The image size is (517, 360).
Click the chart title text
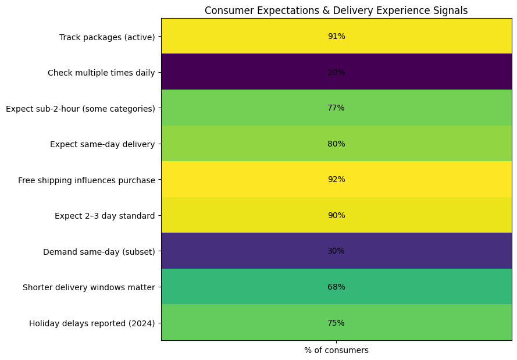point(336,10)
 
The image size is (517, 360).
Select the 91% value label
point(336,36)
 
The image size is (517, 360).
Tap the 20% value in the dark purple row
point(336,72)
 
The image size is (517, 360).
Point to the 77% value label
point(336,108)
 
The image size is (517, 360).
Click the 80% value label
point(336,144)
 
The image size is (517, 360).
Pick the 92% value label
point(336,179)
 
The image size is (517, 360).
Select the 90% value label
point(336,215)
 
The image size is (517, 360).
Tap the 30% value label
point(336,251)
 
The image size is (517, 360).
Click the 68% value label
point(336,287)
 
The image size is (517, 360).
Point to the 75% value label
point(336,323)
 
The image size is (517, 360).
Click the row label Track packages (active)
point(107,37)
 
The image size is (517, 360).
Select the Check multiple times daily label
point(101,73)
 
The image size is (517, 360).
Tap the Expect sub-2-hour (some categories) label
point(80,109)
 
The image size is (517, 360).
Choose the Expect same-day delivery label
point(102,144)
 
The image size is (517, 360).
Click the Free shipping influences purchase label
point(87,180)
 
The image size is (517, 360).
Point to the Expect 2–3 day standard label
point(105,216)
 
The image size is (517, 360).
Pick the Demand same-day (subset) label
point(99,252)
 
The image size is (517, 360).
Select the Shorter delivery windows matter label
point(89,287)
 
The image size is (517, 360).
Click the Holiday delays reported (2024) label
point(92,323)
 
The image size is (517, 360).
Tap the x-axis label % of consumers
point(336,350)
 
